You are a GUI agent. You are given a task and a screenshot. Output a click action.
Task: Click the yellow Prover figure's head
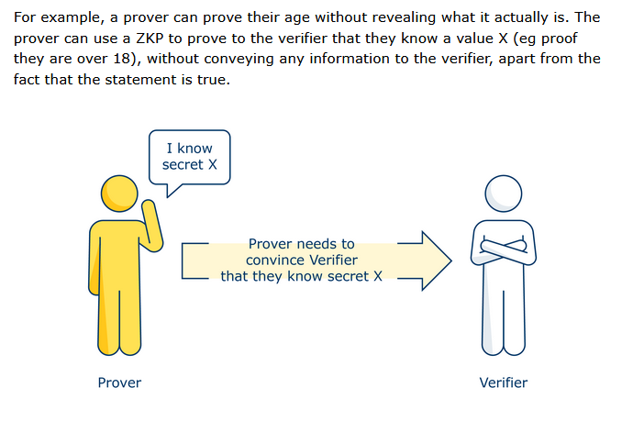119,194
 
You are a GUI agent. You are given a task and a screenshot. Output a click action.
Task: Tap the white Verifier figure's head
504,194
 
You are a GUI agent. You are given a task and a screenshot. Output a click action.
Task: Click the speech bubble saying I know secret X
189,158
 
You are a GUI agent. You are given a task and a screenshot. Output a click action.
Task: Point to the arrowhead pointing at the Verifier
437,260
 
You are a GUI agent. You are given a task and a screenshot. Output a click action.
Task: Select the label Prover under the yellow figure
119,382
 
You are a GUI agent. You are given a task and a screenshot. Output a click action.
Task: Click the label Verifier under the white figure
504,382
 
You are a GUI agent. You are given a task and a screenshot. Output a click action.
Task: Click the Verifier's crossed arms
504,249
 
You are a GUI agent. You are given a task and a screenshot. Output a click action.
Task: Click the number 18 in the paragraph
121,59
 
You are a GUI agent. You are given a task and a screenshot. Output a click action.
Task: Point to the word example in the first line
70,17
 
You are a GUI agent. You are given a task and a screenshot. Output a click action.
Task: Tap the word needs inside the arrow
316,244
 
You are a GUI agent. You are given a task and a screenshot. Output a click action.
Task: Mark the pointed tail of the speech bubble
168,196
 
